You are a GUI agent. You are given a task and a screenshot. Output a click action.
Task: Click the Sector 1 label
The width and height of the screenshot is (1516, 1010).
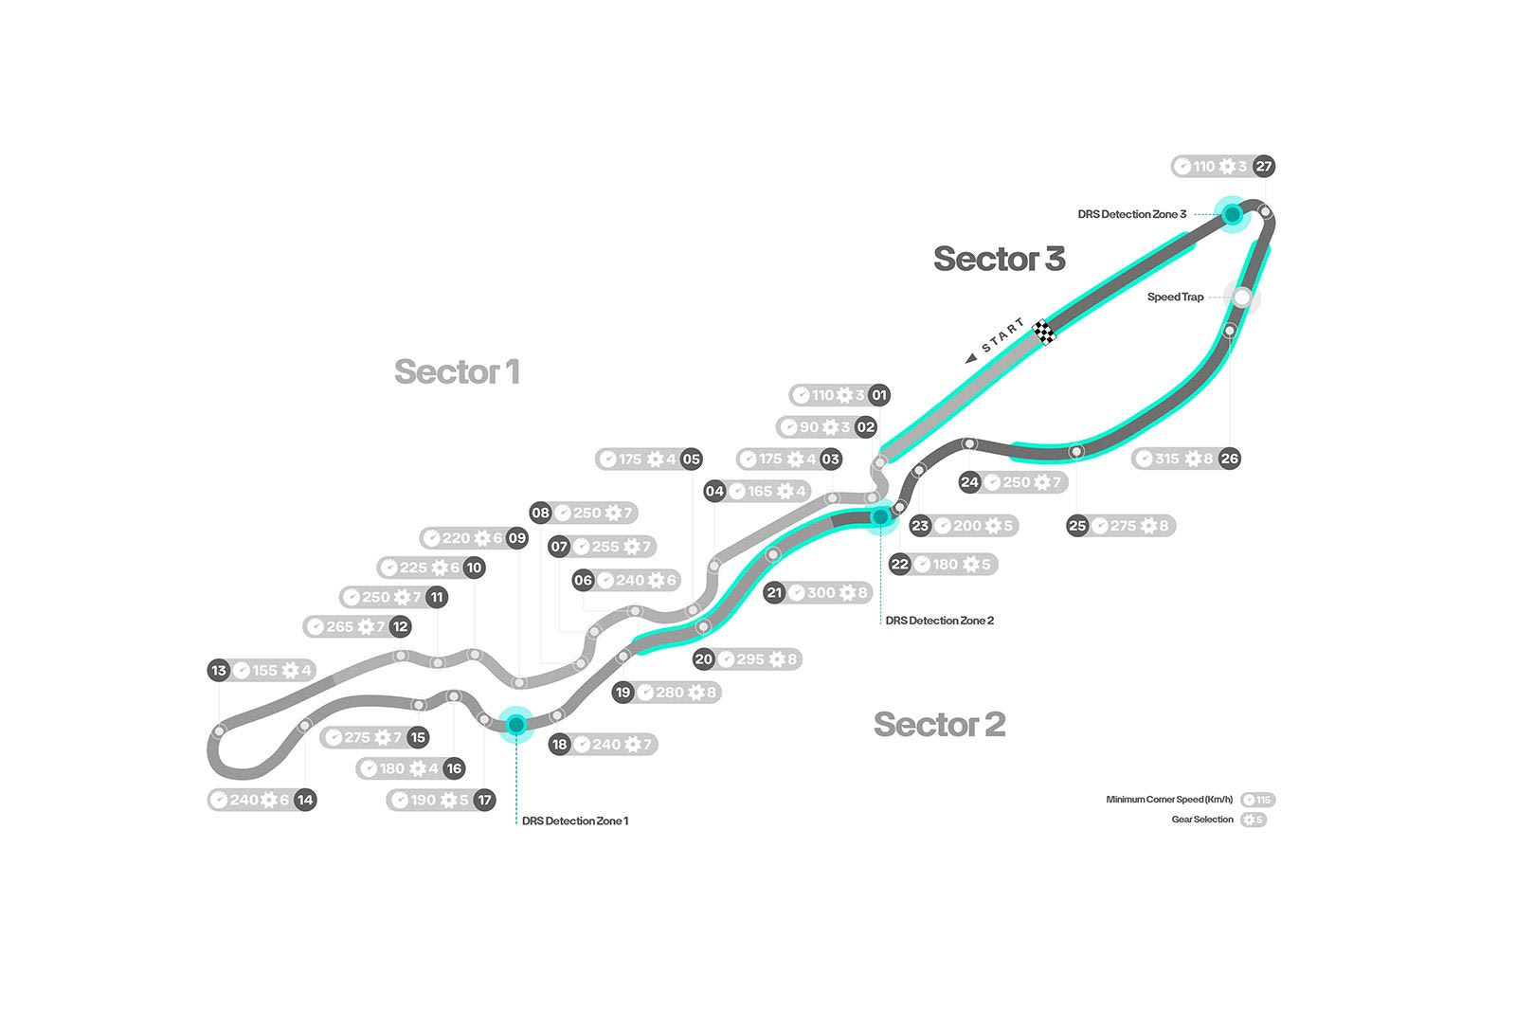pos(457,372)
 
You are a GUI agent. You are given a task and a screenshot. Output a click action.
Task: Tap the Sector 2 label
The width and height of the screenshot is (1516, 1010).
pos(939,725)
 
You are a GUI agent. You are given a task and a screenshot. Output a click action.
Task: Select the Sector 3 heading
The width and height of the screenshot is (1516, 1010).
pos(999,259)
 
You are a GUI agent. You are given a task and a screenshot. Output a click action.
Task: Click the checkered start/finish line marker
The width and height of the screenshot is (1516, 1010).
pos(1045,332)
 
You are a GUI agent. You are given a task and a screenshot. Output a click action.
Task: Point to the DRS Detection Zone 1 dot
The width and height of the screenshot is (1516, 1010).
pos(516,725)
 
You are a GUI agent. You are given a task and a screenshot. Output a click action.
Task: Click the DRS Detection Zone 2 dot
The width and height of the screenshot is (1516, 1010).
pos(880,516)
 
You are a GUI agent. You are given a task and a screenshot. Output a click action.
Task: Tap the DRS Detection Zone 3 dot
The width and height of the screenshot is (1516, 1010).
pos(1232,215)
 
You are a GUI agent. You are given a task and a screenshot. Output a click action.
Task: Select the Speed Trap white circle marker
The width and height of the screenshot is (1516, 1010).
pos(1241,298)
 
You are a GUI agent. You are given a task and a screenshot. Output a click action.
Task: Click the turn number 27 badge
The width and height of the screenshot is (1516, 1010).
pos(1263,167)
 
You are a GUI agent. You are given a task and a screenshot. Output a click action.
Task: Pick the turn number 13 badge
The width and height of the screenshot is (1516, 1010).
pos(219,671)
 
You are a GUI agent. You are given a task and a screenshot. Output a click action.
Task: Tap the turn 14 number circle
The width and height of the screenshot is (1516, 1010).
pos(304,800)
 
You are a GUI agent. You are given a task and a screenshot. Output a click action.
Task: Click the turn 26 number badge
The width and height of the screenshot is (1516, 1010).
pos(1229,459)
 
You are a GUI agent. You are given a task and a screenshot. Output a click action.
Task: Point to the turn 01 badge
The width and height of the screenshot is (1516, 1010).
pos(879,395)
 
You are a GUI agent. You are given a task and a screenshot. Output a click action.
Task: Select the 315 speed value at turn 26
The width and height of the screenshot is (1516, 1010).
pos(1167,459)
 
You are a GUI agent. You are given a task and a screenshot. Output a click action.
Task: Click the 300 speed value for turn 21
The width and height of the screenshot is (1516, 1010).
pos(821,593)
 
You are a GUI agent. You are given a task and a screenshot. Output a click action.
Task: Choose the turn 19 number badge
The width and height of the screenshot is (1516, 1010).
pos(623,693)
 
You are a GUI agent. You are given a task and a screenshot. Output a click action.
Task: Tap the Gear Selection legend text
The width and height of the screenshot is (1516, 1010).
pos(1202,820)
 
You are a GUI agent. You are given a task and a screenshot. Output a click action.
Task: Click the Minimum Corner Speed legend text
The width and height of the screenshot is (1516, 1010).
pos(1170,800)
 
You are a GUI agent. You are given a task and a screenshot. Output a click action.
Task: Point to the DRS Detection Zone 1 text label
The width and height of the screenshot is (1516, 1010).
pos(575,821)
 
